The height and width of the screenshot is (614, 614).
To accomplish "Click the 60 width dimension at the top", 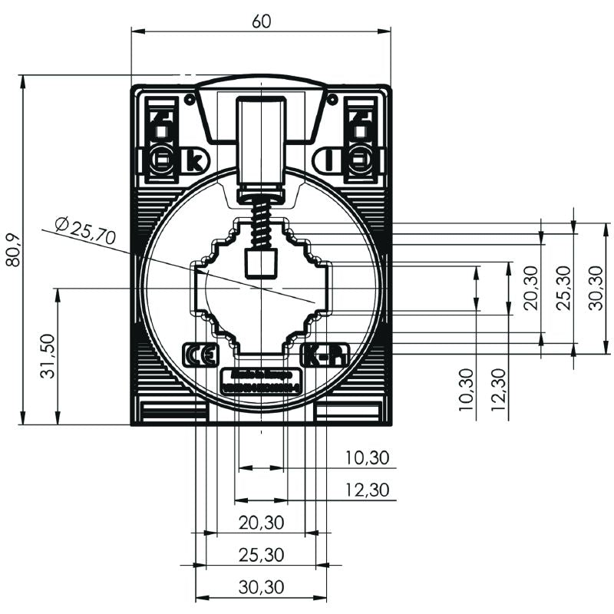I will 261,21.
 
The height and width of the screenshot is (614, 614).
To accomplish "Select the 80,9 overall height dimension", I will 13,250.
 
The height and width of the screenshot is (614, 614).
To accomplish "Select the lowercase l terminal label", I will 328,162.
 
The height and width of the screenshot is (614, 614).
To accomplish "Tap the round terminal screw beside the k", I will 161,161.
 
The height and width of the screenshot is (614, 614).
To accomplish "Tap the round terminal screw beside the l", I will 360,161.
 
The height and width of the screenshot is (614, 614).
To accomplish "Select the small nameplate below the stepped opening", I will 261,381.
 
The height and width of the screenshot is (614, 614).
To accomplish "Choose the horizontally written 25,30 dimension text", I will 261,554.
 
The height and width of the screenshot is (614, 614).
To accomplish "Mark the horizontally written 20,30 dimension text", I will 261,523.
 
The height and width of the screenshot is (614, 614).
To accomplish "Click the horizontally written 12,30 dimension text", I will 367,489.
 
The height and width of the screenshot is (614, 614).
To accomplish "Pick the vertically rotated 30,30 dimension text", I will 596,288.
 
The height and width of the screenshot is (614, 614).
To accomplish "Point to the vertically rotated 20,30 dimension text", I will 530,288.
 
